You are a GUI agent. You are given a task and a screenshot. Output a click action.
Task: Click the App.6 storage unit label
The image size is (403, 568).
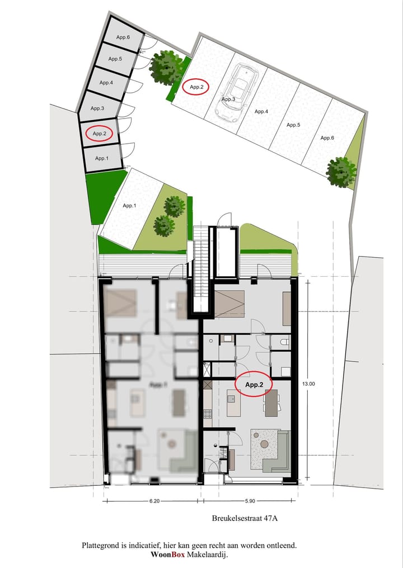(123, 37)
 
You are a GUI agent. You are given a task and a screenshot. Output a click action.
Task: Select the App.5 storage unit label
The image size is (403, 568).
(115, 59)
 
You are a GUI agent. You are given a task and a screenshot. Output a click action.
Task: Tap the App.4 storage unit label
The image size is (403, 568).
(106, 83)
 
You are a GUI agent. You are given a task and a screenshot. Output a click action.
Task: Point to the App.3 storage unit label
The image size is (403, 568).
(97, 108)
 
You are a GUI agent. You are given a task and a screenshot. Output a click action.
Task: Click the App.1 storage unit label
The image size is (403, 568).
(101, 158)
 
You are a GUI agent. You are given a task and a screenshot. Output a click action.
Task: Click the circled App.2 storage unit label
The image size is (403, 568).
(100, 134)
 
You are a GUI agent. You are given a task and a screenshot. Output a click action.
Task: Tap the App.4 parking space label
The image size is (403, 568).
(261, 112)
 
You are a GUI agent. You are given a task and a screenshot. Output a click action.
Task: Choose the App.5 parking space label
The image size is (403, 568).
(293, 125)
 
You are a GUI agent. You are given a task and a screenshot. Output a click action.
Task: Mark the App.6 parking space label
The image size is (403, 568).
(327, 138)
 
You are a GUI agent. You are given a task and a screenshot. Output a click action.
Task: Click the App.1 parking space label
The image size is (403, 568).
(129, 206)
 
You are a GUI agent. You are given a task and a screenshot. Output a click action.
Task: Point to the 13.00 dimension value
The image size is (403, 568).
(309, 384)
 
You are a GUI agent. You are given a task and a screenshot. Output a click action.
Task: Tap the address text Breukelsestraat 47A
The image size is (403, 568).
(245, 518)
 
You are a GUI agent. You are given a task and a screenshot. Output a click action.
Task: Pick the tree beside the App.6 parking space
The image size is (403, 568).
(341, 172)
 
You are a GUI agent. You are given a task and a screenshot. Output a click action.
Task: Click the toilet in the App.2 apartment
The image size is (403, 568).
(284, 340)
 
